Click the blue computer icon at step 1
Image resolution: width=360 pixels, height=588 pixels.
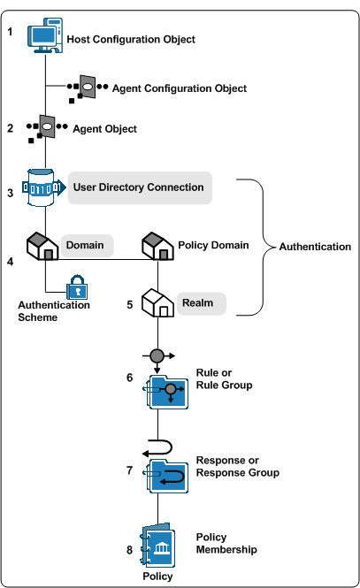coord(45,38)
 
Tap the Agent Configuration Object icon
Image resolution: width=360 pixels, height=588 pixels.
coord(88,88)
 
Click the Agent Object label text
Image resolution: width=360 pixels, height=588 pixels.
coord(104,129)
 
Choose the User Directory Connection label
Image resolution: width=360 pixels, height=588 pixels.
coord(138,187)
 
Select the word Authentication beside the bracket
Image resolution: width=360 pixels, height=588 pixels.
coord(315,247)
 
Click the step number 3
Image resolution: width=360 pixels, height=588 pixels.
coord(10,192)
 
